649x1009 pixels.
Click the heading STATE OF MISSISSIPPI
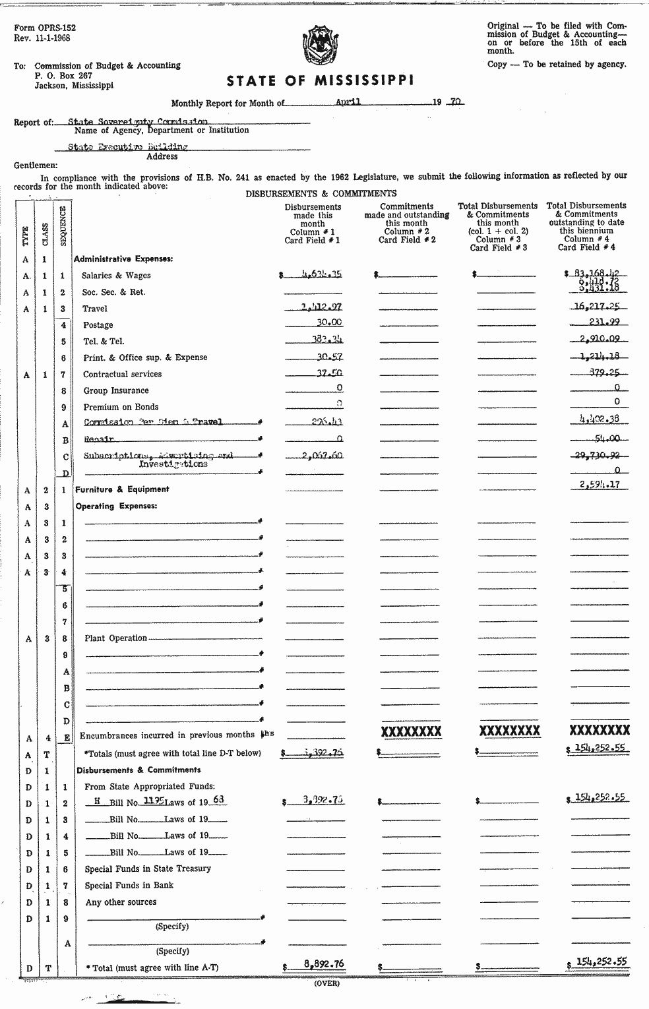click(321, 81)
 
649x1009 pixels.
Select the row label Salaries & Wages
click(116, 276)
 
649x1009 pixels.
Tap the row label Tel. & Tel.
click(104, 341)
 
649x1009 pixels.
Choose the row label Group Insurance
click(116, 390)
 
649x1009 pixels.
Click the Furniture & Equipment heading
click(122, 489)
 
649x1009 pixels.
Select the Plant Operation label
click(115, 638)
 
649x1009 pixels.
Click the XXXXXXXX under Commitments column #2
click(411, 731)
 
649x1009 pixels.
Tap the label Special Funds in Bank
click(129, 885)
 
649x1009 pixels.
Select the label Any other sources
click(121, 902)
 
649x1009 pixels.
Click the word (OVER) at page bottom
click(326, 983)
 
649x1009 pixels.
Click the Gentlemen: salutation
click(36, 166)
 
